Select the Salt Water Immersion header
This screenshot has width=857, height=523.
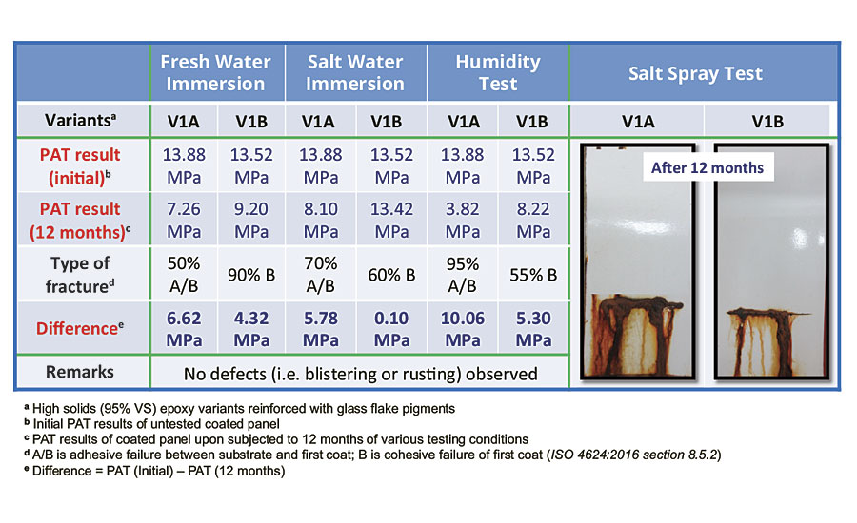tap(354, 72)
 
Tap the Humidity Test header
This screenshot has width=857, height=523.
tap(497, 72)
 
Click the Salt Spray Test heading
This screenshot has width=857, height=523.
tap(695, 73)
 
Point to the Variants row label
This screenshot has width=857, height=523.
tap(85, 121)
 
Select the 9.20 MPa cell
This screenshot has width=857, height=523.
tap(249, 219)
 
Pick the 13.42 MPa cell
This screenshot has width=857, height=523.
tap(391, 219)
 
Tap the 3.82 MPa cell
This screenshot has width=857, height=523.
tap(462, 219)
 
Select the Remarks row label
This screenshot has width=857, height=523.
tap(85, 372)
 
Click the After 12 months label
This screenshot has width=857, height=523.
tap(708, 168)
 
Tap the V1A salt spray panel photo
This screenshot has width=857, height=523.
tap(633, 261)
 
